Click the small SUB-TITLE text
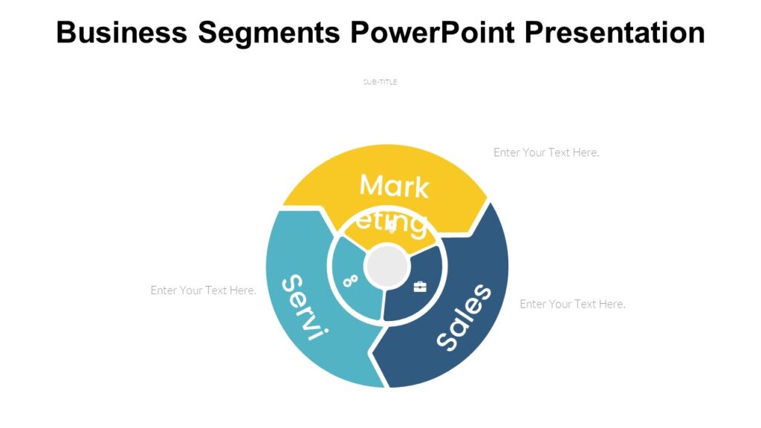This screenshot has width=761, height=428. (380, 82)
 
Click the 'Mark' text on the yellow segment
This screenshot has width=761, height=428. (394, 186)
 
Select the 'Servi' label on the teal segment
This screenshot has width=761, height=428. (304, 307)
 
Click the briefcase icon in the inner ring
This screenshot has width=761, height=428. (420, 287)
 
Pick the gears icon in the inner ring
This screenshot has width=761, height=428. (350, 281)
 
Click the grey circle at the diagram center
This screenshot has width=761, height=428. (387, 266)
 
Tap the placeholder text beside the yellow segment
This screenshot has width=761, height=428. (546, 152)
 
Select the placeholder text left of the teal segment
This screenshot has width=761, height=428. (203, 290)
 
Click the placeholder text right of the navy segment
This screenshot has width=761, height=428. (572, 304)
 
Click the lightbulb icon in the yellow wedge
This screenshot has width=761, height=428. (392, 228)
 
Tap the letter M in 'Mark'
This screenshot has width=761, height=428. (372, 185)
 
